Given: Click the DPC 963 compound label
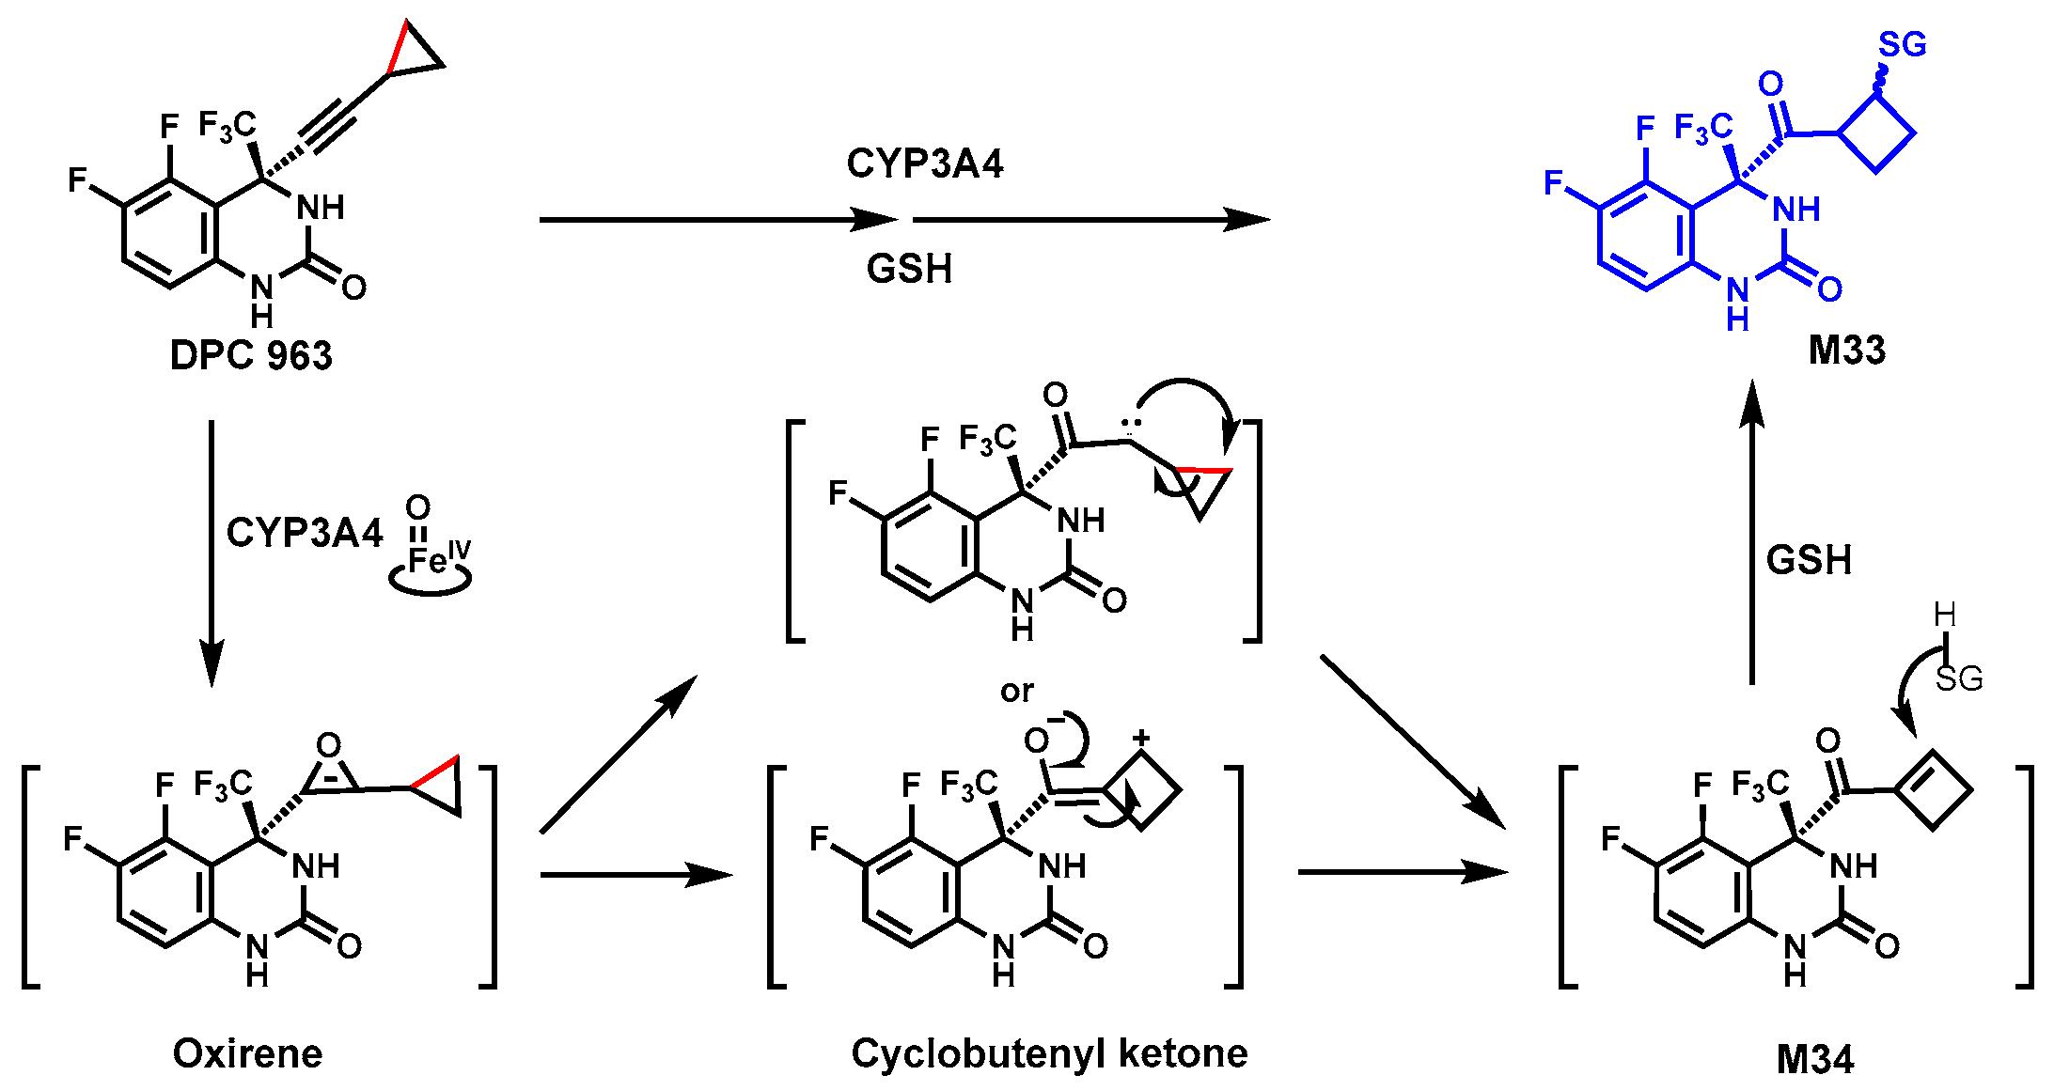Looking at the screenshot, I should (251, 356).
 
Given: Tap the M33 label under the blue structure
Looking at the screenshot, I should (1846, 351).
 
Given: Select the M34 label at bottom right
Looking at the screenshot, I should (1814, 1059).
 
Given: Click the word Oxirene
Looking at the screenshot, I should (247, 1053).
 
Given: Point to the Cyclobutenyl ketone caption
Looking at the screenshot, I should (1049, 1053).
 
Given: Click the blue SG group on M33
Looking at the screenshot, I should (1903, 44).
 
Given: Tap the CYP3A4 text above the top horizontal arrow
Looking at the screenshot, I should (924, 164).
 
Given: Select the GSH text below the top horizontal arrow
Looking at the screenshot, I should (909, 269).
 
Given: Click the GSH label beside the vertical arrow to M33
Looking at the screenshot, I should (1809, 560).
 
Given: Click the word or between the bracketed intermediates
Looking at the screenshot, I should (1016, 692).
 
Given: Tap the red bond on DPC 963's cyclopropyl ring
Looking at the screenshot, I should (398, 46).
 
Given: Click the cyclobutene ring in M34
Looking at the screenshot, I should (1933, 789).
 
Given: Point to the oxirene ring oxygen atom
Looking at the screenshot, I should (328, 746).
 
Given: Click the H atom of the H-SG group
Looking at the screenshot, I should (1945, 616).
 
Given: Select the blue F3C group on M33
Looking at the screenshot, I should (1702, 127).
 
